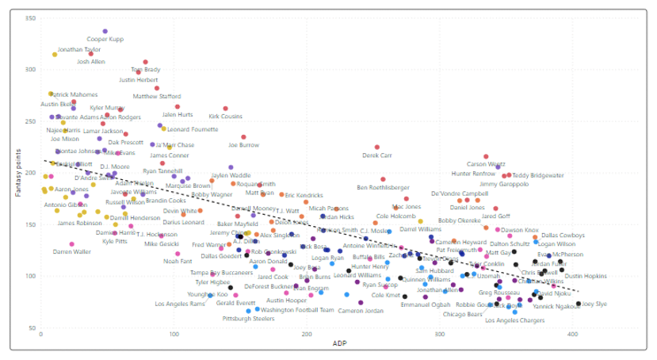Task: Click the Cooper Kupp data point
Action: coord(105,32)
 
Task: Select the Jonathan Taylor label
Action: coord(79,49)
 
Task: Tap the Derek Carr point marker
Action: coord(377,147)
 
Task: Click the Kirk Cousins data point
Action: coord(225,109)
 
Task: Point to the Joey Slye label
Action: coord(594,304)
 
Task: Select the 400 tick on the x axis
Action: coord(573,335)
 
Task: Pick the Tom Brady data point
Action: coord(146,62)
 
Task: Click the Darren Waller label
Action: coord(71,251)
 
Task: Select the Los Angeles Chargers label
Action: coord(514,320)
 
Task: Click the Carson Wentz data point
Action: coord(486,157)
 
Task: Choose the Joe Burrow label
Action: coord(243,145)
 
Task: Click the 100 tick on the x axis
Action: coord(174,335)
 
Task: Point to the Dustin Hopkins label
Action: coord(586,276)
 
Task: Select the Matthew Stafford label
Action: coord(157,97)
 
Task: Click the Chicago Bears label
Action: coord(463,314)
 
